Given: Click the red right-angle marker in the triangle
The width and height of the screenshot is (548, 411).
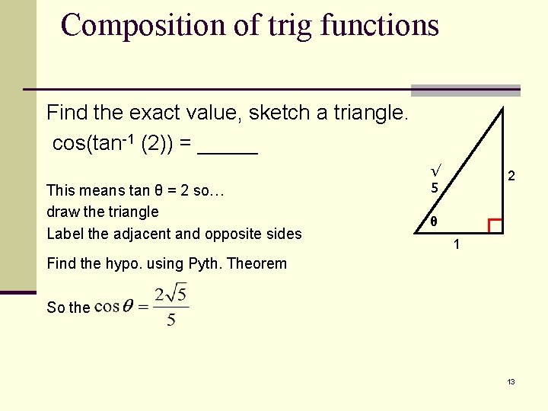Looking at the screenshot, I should [495, 225].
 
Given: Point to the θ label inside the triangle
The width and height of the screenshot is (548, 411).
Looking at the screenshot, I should [433, 223].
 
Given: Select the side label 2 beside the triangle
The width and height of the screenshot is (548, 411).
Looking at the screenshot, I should [512, 176].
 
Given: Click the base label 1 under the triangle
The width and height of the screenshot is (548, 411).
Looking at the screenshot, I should [456, 245].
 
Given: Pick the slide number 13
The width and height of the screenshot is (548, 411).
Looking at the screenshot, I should [511, 381].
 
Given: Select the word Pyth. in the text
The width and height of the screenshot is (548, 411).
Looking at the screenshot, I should [206, 264].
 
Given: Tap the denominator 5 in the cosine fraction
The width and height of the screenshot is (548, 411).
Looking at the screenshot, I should [171, 320].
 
